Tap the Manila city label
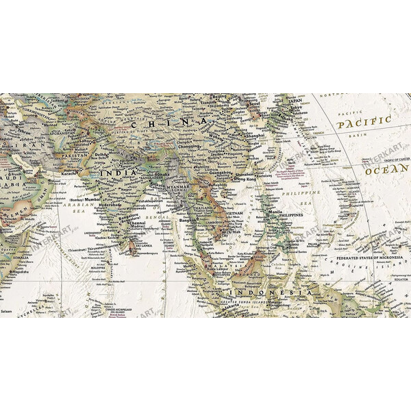(275, 213)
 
